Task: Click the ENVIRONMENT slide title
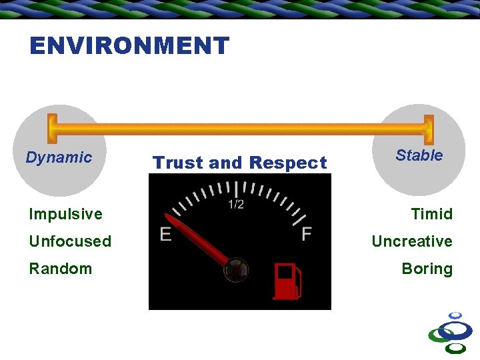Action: pyautogui.click(x=129, y=46)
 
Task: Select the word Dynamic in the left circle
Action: pyautogui.click(x=59, y=157)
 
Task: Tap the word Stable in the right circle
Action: pyautogui.click(x=419, y=155)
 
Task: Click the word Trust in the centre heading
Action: pyautogui.click(x=178, y=163)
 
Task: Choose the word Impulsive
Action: pyautogui.click(x=65, y=214)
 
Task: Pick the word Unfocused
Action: pyautogui.click(x=70, y=241)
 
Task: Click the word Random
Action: pyautogui.click(x=60, y=269)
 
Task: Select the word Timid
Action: pyautogui.click(x=431, y=214)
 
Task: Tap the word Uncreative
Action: pyautogui.click(x=411, y=241)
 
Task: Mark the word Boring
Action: pyautogui.click(x=427, y=269)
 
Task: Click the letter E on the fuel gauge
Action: pyautogui.click(x=166, y=235)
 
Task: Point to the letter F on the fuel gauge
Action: pyautogui.click(x=307, y=235)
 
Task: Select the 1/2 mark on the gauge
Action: pyautogui.click(x=236, y=205)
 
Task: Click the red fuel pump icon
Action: pyautogui.click(x=287, y=281)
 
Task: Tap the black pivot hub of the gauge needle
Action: pyautogui.click(x=235, y=270)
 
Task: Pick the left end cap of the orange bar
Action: pyautogui.click(x=52, y=129)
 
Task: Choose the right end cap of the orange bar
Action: pyautogui.click(x=429, y=129)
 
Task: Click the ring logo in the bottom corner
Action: pyautogui.click(x=452, y=333)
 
